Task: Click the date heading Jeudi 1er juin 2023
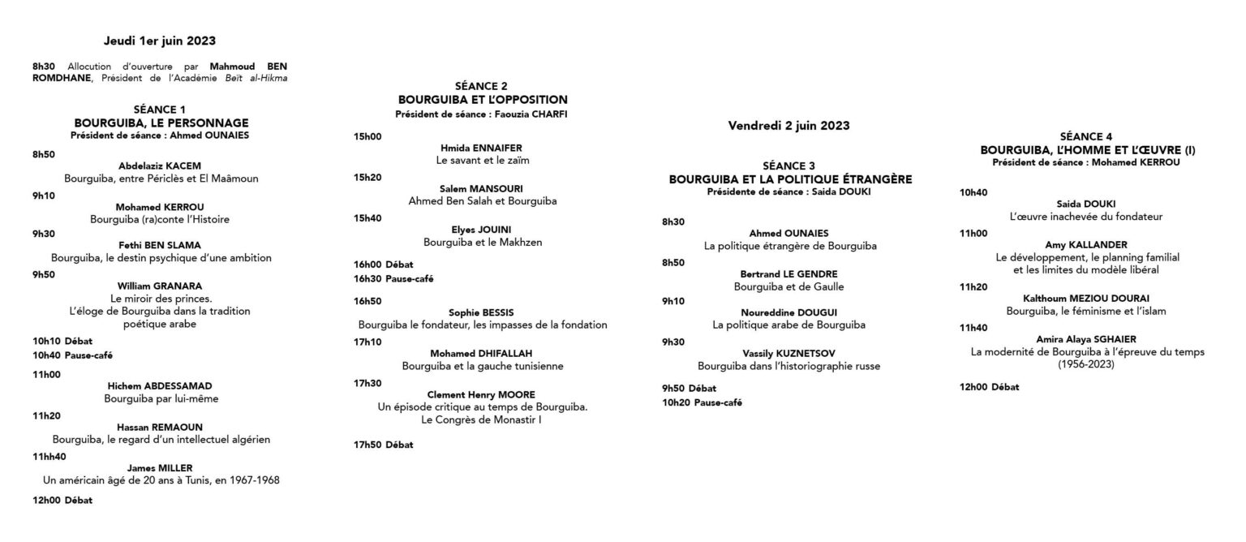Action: click(160, 40)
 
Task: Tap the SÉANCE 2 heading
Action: click(482, 86)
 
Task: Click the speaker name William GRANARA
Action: click(161, 286)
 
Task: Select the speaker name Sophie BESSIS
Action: click(482, 312)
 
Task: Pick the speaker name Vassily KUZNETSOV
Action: click(788, 353)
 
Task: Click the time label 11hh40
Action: click(49, 456)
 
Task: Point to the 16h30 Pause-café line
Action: click(381, 278)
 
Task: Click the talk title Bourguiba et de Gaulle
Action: click(788, 286)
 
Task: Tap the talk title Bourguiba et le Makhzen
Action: click(482, 242)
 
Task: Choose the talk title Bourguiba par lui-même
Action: click(161, 398)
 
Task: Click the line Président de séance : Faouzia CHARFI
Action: click(482, 114)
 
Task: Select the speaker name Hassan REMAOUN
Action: click(161, 427)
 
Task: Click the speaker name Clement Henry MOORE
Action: click(482, 394)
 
